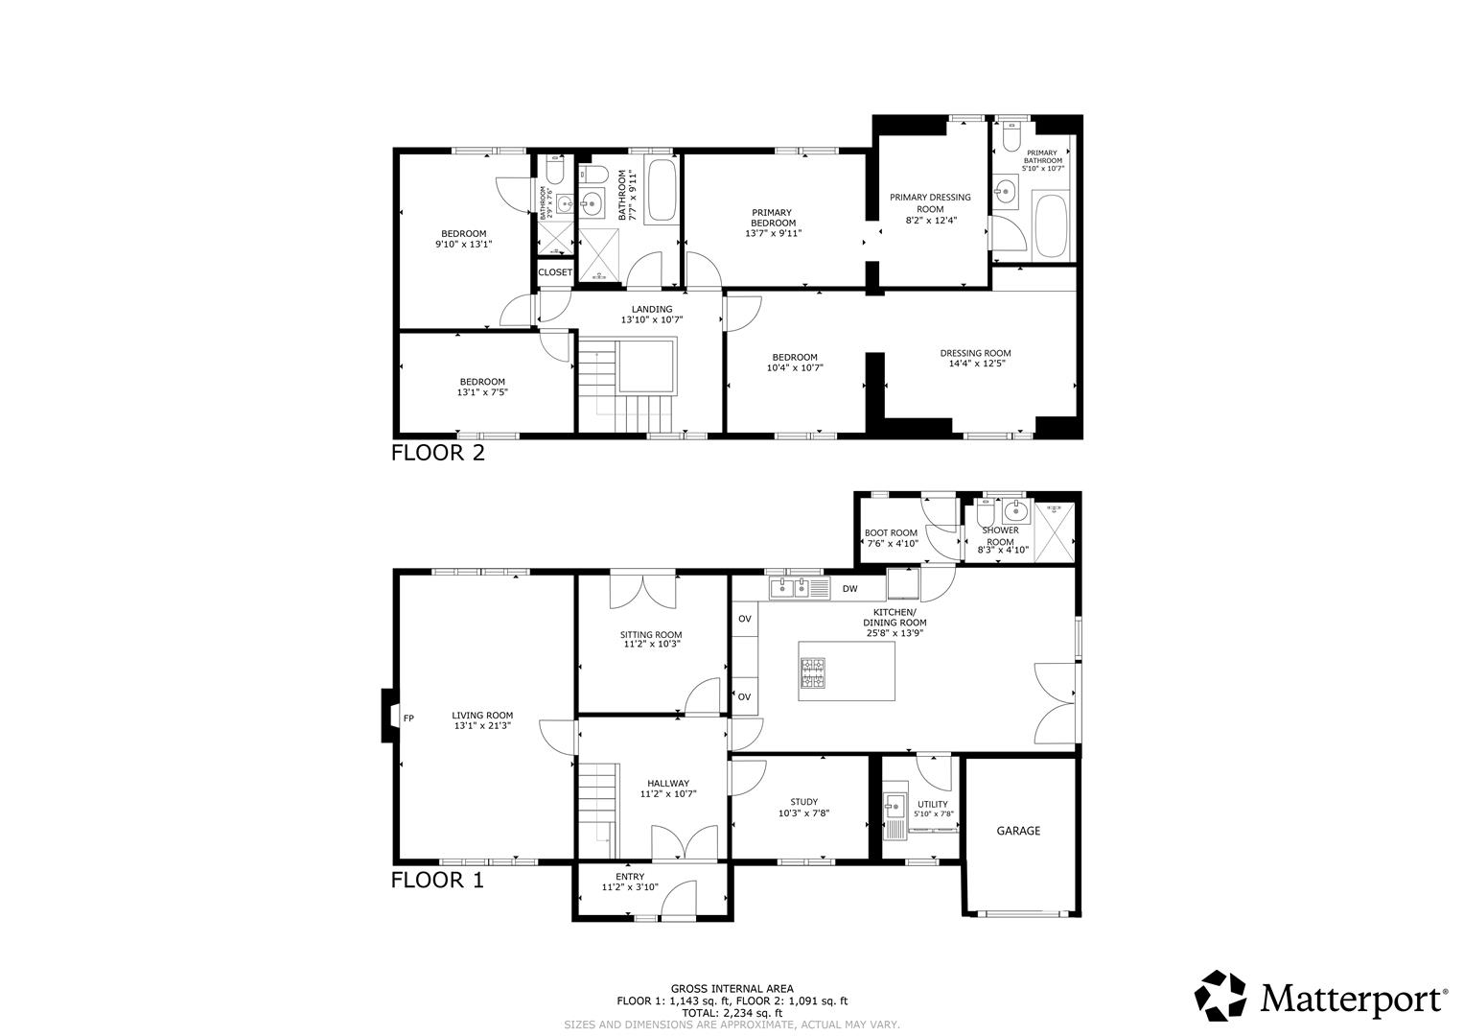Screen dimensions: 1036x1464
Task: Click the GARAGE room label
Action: point(1017,832)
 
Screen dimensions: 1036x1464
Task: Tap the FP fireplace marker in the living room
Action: point(408,718)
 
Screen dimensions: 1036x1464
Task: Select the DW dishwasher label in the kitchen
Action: point(849,589)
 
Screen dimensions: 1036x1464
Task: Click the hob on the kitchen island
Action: point(813,672)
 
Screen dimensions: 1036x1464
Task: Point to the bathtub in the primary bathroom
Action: point(1050,226)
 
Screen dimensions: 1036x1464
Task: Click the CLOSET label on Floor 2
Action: point(555,272)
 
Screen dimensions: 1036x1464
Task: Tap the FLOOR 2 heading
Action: point(438,454)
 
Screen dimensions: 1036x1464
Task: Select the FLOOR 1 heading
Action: point(437,880)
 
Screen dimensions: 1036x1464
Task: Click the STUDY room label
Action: point(803,802)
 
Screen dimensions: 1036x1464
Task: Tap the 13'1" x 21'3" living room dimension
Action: point(482,726)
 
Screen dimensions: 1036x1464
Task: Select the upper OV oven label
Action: point(744,619)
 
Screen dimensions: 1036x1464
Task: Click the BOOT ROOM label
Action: point(891,532)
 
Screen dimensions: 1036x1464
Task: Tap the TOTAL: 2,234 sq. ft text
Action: point(732,1013)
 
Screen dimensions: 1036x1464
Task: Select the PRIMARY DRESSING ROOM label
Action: point(930,203)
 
